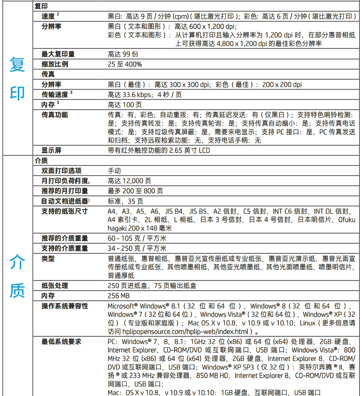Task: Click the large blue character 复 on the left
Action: (17, 65)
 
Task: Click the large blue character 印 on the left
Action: (17, 93)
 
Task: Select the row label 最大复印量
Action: (58, 54)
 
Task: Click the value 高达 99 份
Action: (123, 54)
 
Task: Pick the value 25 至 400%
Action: (125, 64)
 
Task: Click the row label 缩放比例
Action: (55, 64)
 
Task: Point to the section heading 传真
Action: (48, 74)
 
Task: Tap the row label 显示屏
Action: (51, 150)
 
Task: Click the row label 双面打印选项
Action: (62, 171)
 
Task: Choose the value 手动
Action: (114, 171)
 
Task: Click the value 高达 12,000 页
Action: (129, 181)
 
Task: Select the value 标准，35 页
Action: (125, 201)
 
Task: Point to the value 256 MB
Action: (119, 296)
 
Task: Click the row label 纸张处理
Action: (55, 286)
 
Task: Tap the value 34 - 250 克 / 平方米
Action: (137, 248)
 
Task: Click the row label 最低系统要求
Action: (62, 341)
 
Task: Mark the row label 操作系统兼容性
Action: (65, 306)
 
